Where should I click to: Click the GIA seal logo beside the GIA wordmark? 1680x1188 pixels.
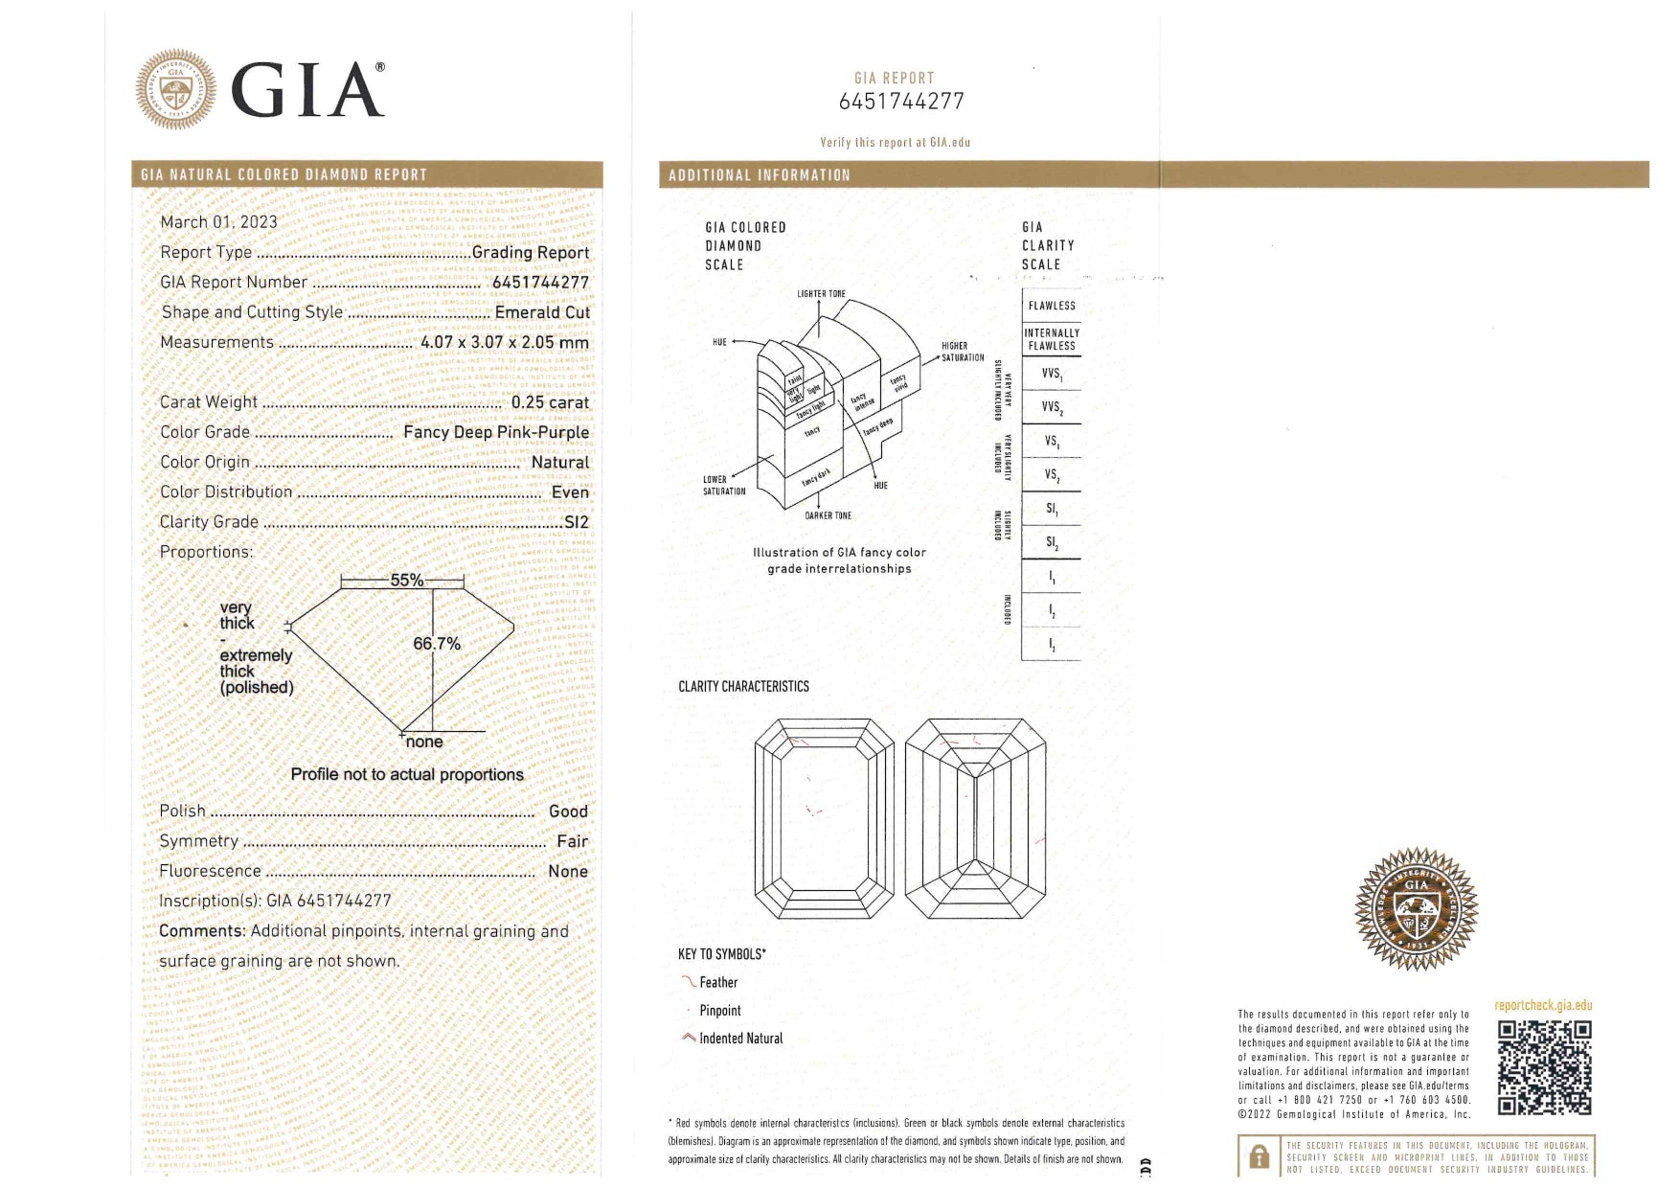(175, 90)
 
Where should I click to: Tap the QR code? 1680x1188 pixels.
(1544, 1067)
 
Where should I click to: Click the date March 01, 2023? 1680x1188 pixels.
(218, 222)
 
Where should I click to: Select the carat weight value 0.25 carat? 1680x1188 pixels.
(550, 402)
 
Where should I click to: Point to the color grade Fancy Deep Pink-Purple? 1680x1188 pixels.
(495, 432)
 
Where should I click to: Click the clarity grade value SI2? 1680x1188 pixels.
(577, 522)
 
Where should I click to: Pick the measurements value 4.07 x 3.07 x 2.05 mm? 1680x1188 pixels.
(504, 342)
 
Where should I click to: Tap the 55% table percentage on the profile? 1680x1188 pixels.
(406, 581)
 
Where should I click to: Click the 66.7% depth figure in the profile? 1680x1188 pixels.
(437, 644)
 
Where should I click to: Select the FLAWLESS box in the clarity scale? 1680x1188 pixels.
(1051, 306)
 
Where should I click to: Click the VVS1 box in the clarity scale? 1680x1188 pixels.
(1051, 374)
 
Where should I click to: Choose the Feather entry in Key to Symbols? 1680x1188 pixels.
(717, 982)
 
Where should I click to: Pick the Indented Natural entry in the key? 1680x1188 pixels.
(739, 1039)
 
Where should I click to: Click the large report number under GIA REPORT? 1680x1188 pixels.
(901, 102)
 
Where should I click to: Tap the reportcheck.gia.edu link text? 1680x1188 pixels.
(1542, 1005)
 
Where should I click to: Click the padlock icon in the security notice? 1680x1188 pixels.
(1259, 1157)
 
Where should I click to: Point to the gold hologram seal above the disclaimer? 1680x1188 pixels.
(1416, 908)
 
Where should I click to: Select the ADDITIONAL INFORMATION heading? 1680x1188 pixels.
(759, 175)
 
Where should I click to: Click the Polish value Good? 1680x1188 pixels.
(568, 811)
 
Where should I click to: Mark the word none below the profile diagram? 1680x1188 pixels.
(424, 742)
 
